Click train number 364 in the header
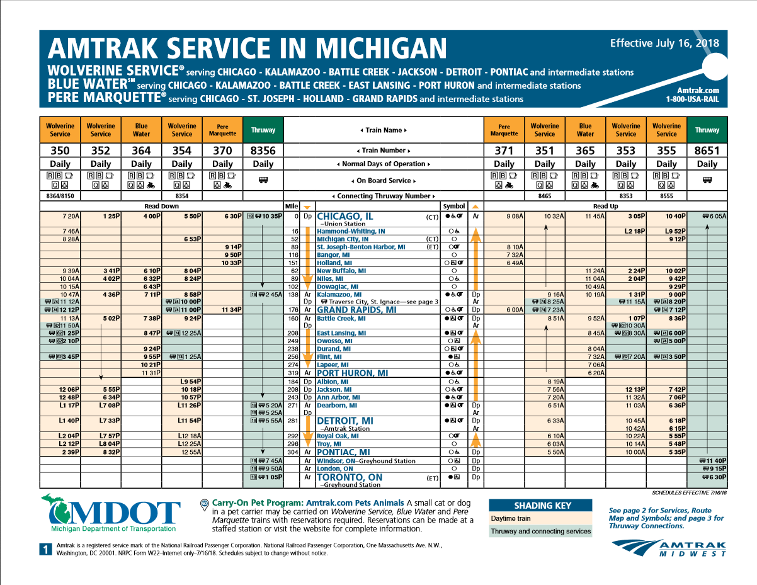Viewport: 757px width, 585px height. coord(141,151)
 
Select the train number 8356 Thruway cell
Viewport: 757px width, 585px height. coord(263,151)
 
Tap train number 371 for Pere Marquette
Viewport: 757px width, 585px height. coord(504,151)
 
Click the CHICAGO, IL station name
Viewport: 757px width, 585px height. coord(345,216)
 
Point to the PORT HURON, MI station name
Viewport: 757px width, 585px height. coord(352,373)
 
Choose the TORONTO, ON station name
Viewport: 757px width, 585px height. coord(350,477)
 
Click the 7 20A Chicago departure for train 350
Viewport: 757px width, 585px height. coord(71,216)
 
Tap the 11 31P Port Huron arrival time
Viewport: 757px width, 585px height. coord(151,373)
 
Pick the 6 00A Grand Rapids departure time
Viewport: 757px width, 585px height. coord(515,310)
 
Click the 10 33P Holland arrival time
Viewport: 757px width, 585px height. coord(232,263)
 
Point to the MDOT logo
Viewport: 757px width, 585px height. coord(111,513)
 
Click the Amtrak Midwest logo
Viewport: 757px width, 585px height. coord(669,548)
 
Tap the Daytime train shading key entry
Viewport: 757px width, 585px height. coord(510,518)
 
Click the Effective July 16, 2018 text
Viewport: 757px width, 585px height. coord(664,43)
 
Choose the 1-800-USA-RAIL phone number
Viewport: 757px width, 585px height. coord(692,99)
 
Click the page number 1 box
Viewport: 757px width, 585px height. coord(45,550)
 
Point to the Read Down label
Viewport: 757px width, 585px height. coord(161,206)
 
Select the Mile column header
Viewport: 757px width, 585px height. coord(292,206)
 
